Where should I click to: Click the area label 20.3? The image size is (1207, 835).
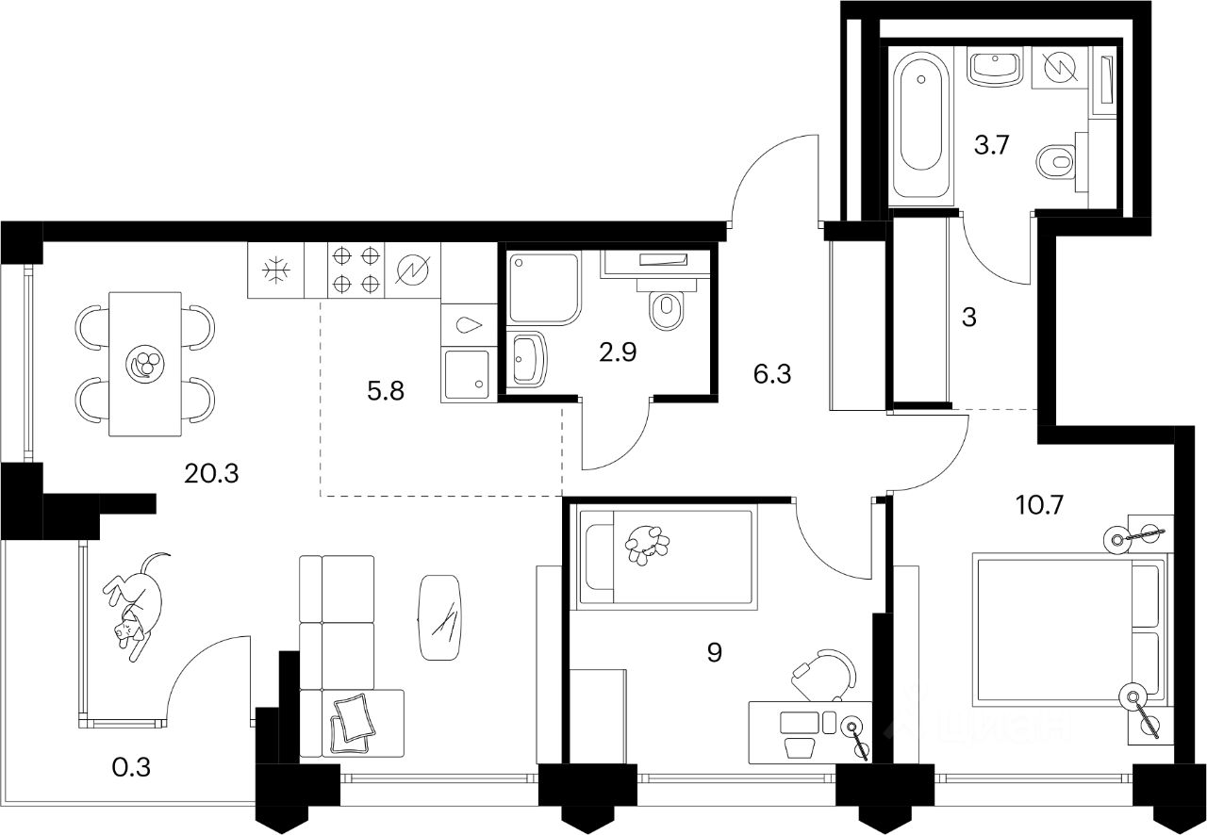pyautogui.click(x=212, y=473)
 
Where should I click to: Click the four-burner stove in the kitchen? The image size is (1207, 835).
pyautogui.click(x=357, y=270)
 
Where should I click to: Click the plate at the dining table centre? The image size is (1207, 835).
pyautogui.click(x=144, y=363)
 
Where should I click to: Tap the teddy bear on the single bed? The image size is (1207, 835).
pyautogui.click(x=647, y=545)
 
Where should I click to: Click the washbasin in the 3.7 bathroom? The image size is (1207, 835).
pyautogui.click(x=995, y=68)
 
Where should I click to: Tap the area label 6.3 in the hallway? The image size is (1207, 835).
pyautogui.click(x=771, y=375)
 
